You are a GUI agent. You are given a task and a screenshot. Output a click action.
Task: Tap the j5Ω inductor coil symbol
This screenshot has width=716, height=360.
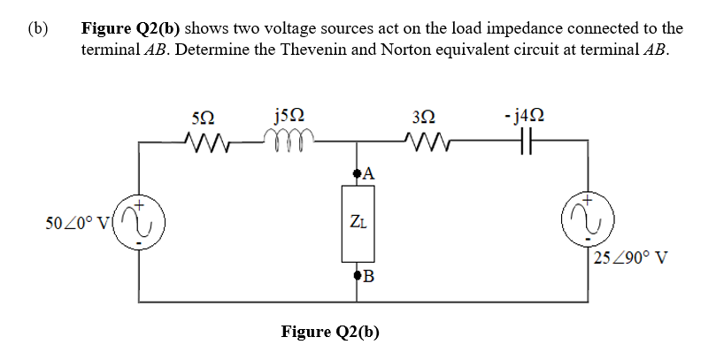286,139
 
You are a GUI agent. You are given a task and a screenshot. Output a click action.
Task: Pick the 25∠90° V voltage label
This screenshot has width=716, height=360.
631,258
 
